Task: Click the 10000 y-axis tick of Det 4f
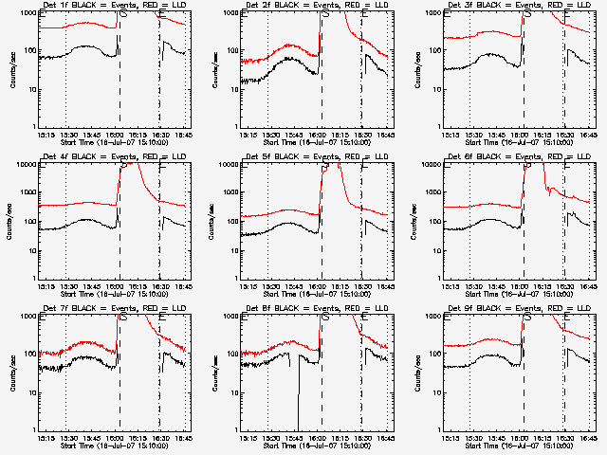[x=25, y=164]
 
